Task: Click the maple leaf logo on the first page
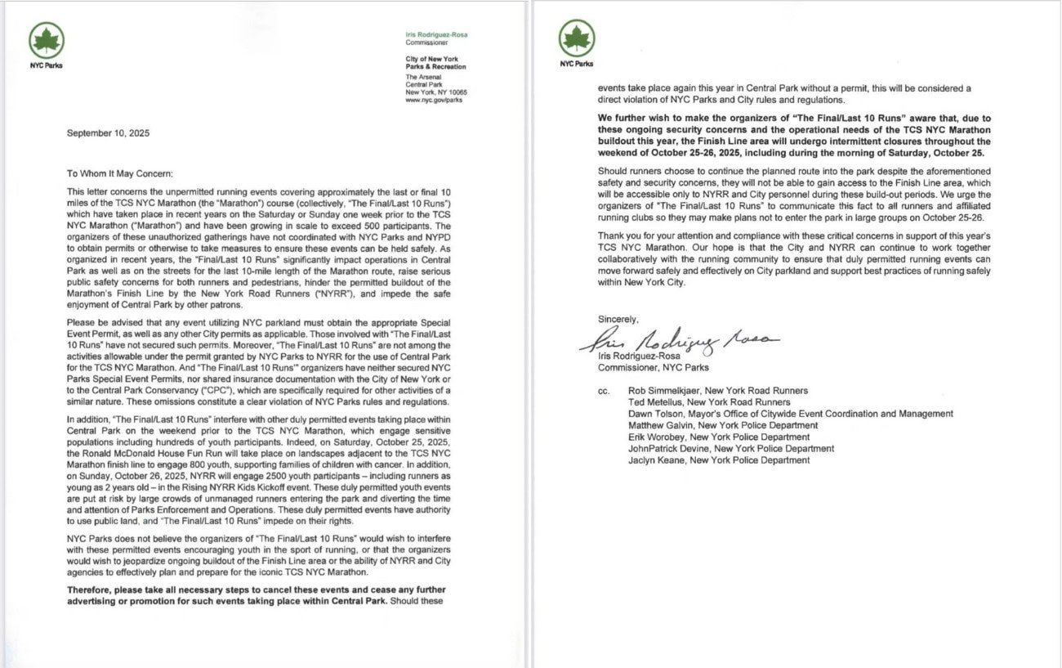click(x=47, y=40)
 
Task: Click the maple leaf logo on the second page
click(x=577, y=38)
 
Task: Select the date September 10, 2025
click(x=108, y=133)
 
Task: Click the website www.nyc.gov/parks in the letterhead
click(x=434, y=100)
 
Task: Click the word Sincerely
click(x=618, y=319)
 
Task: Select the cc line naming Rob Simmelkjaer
click(x=718, y=391)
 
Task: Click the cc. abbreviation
click(x=604, y=391)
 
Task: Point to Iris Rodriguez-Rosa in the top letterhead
click(x=436, y=35)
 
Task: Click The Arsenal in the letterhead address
click(x=422, y=76)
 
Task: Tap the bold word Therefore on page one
click(x=91, y=590)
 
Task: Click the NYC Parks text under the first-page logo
click(x=46, y=65)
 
